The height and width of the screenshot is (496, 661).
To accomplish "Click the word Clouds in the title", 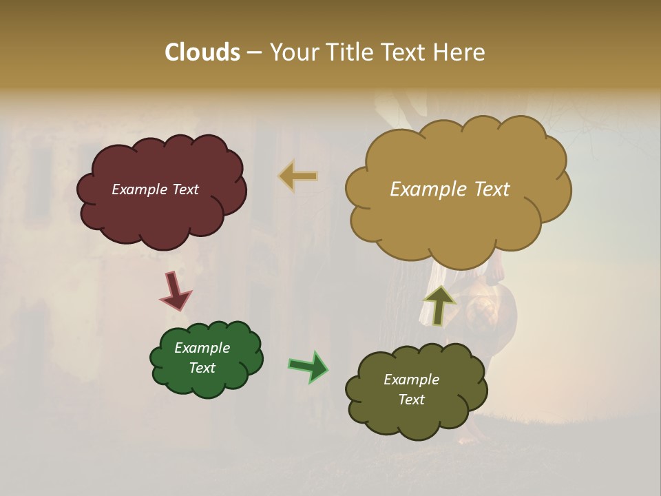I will [202, 52].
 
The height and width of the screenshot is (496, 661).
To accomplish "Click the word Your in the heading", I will [295, 52].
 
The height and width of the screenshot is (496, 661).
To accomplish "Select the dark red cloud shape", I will [162, 214].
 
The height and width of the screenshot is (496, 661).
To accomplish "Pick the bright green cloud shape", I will [207, 382].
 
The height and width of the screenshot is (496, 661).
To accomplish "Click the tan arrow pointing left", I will [298, 176].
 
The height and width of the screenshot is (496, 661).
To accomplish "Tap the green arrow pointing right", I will [308, 366].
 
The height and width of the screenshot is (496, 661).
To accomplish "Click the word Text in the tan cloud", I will [486, 189].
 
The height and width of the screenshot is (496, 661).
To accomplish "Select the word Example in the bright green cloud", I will [202, 348].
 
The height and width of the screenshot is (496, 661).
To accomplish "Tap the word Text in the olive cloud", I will [411, 400].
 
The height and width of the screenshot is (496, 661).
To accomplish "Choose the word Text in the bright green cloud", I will [202, 368].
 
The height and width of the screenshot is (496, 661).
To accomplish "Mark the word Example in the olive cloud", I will [411, 380].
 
